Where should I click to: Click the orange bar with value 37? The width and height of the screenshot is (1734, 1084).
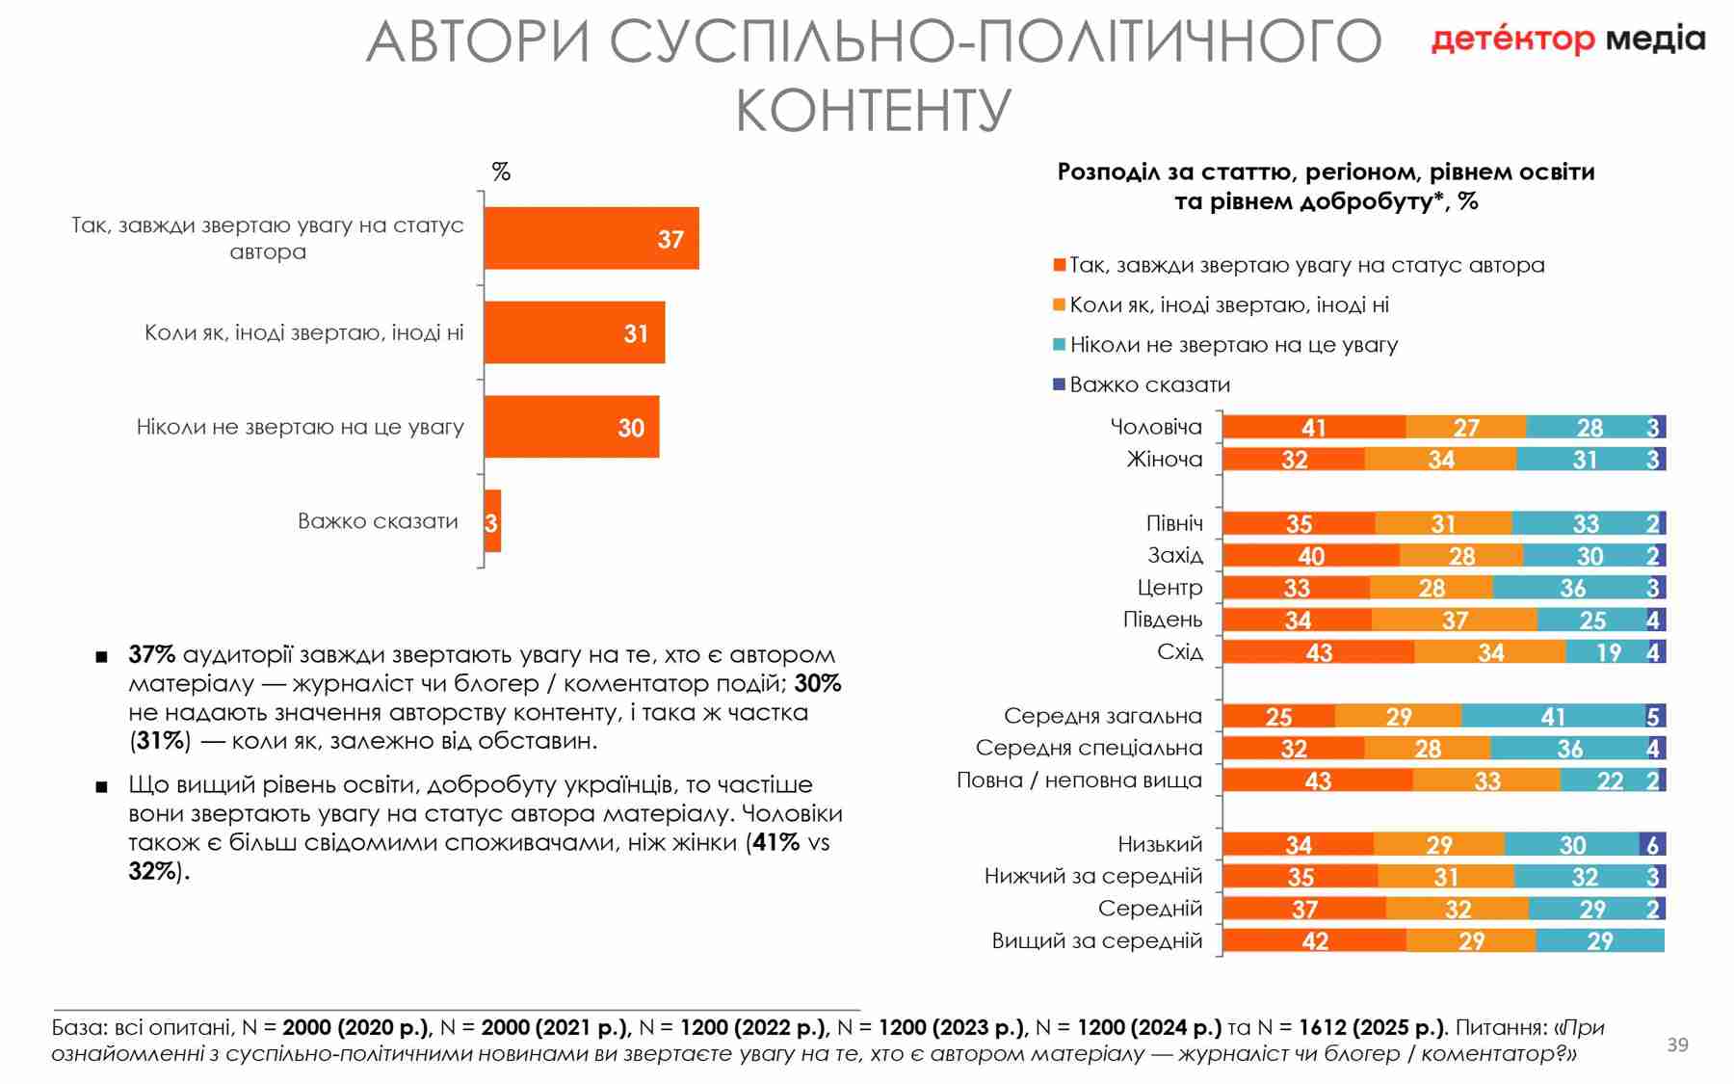point(591,238)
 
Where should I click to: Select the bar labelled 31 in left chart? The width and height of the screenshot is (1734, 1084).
point(574,332)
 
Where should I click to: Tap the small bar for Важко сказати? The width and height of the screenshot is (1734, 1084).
point(492,521)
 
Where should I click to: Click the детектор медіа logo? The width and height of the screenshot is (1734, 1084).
point(1567,39)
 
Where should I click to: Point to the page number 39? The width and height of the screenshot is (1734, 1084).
point(1677,1044)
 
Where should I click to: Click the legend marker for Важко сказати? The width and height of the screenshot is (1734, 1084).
point(1060,384)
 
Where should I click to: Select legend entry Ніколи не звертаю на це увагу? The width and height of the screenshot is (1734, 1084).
point(1233,345)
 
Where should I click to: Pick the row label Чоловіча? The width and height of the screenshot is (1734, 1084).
point(1156,427)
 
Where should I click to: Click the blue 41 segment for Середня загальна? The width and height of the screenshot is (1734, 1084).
point(1552,716)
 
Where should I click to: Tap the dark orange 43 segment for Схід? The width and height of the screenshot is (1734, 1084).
point(1318,652)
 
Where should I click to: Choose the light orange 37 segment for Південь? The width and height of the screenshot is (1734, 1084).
point(1454,620)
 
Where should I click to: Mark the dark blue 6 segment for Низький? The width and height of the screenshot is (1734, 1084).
point(1652,845)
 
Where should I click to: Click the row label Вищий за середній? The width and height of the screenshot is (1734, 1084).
point(1097,940)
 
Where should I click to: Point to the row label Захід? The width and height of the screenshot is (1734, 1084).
point(1175,555)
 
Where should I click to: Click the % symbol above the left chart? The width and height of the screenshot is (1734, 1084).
point(501,172)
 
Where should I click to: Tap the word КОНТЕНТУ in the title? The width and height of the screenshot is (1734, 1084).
point(873,110)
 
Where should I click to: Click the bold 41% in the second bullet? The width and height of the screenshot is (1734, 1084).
point(776,842)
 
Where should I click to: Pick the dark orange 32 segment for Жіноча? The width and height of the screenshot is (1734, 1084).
point(1294,460)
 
